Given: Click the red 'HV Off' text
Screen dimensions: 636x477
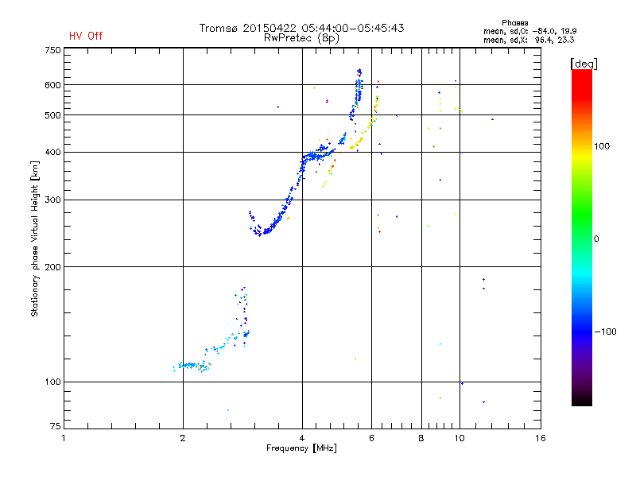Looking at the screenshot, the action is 86,36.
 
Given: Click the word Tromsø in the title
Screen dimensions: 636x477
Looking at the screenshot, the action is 218,28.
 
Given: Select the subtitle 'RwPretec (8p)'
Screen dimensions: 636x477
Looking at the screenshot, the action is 301,38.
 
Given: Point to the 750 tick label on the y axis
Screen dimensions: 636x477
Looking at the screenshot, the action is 52,50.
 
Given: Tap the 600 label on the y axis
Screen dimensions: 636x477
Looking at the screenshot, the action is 52,85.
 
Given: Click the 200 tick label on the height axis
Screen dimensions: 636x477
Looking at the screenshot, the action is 52,267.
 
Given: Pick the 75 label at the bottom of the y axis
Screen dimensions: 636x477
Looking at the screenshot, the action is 56,426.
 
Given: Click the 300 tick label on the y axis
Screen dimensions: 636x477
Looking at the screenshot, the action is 52,200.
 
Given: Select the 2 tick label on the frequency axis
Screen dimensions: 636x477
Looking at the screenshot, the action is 183,438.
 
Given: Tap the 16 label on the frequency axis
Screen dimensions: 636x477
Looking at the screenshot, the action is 541,438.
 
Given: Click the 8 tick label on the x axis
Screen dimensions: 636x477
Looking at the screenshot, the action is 421,438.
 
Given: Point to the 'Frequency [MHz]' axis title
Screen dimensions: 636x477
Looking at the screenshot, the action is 301,448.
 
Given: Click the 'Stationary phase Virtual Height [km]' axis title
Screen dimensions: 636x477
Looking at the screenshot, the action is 35,238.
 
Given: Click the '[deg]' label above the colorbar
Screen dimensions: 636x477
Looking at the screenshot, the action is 584,64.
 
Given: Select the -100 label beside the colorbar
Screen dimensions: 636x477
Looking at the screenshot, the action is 605,332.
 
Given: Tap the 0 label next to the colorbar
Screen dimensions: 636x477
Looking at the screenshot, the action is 596,239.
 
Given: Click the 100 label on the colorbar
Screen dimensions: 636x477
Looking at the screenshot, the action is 602,146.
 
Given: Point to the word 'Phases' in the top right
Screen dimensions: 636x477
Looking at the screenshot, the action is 514,23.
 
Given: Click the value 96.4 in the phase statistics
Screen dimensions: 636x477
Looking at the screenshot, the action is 543,41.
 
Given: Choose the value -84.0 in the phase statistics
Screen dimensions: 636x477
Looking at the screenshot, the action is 543,32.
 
